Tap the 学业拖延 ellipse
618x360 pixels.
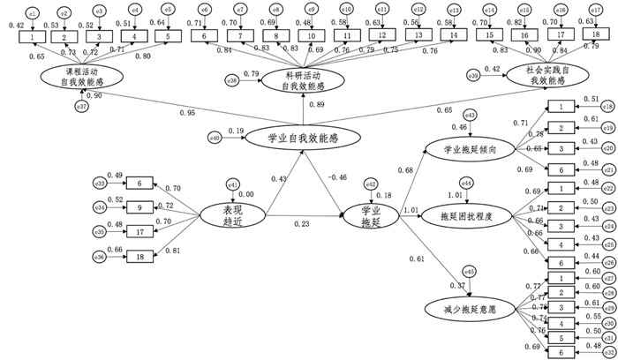point(372,215)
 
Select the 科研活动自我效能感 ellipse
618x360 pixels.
point(303,81)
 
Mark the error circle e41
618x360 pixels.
point(233,184)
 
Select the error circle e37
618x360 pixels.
point(81,107)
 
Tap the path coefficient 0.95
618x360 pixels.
point(186,112)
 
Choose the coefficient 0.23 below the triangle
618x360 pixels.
point(303,224)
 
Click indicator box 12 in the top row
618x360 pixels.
point(381,34)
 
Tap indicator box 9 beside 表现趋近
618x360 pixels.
point(139,207)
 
